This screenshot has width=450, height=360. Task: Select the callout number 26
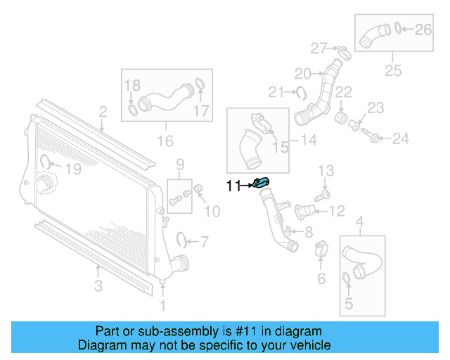(x=423, y=29)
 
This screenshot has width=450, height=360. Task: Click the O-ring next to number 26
(x=398, y=29)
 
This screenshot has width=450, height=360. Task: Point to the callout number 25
(x=392, y=70)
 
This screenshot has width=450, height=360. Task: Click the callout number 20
(x=302, y=73)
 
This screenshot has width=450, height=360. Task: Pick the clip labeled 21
(x=301, y=91)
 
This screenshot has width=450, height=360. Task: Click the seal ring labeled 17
(x=199, y=86)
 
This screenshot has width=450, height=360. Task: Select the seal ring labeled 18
(x=133, y=110)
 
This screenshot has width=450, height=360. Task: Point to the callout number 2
(x=103, y=111)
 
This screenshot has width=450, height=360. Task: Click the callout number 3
(x=98, y=285)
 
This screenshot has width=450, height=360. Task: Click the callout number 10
(x=212, y=211)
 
